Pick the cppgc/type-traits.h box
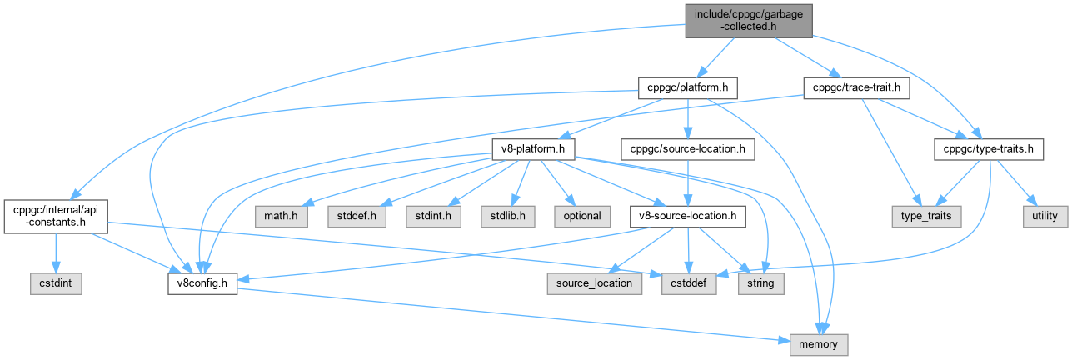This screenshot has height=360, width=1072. pos(988,150)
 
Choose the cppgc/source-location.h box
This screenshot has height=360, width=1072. pos(688,150)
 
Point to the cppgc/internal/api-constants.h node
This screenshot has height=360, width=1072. pos(55,215)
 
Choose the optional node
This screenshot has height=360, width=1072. pos(582,215)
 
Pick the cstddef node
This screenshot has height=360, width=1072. pos(688,282)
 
